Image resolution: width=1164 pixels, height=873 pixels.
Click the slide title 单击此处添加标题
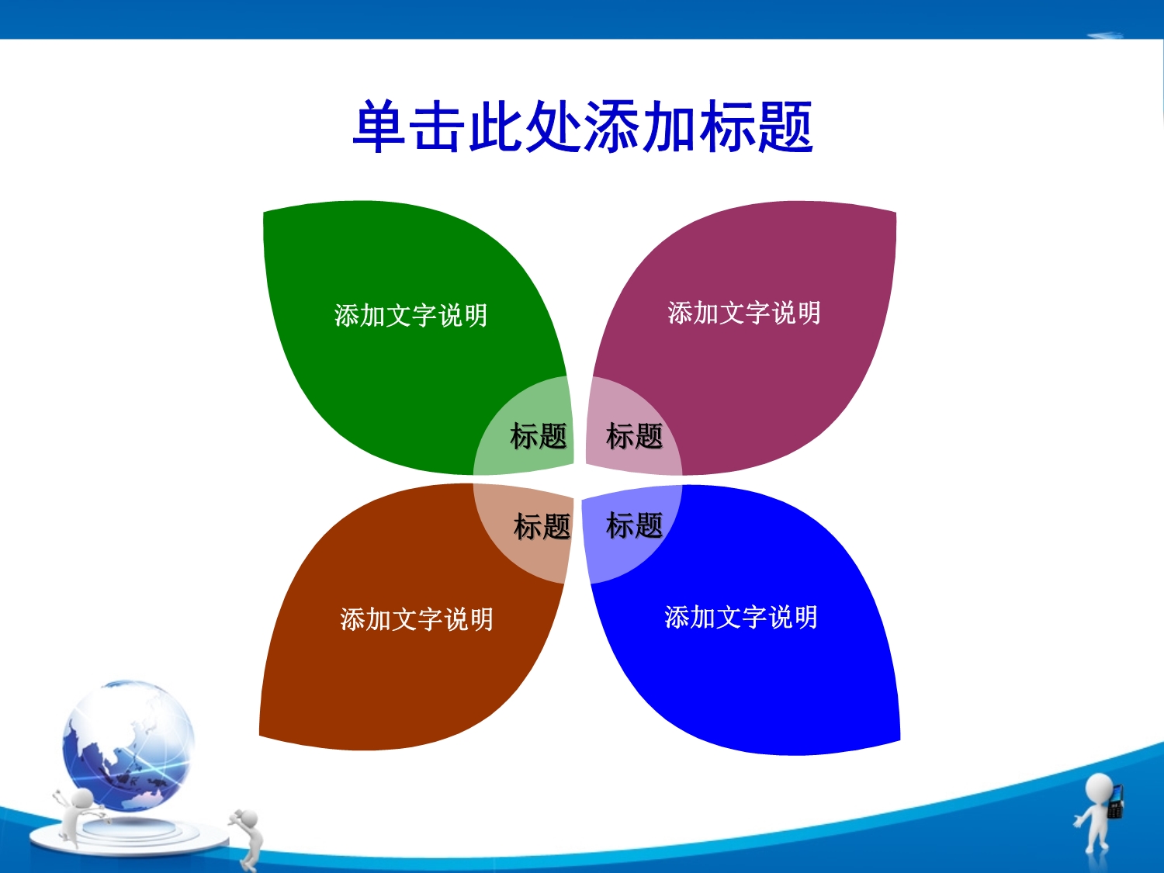pos(583,126)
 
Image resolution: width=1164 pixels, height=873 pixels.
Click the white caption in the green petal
pos(411,315)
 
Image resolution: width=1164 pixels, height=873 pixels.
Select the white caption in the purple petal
pos(744,313)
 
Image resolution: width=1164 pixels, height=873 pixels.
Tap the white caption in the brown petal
pos(417,619)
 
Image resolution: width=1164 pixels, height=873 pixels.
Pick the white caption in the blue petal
pos(741,617)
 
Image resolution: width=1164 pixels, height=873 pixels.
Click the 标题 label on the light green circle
pos(539,436)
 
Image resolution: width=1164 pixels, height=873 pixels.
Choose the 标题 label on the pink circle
pos(635,436)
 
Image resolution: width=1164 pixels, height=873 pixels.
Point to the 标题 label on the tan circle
pos(542,526)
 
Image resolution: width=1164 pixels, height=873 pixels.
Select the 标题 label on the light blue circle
pos(635,525)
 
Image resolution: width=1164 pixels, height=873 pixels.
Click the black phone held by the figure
pos(1115,801)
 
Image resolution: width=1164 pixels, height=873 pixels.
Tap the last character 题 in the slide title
pos(785,126)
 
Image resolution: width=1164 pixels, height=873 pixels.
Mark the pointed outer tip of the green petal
pos(264,212)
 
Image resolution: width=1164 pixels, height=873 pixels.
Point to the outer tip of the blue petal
pos(900,740)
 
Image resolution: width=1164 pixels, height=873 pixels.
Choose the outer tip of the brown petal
pos(259,735)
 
